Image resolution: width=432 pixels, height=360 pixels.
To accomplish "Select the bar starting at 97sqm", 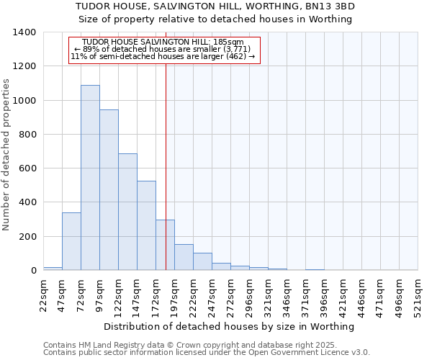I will click(109, 190).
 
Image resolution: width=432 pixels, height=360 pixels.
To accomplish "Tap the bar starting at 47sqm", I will click(71, 241).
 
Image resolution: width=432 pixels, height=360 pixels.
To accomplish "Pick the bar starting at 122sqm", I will click(127, 212).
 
